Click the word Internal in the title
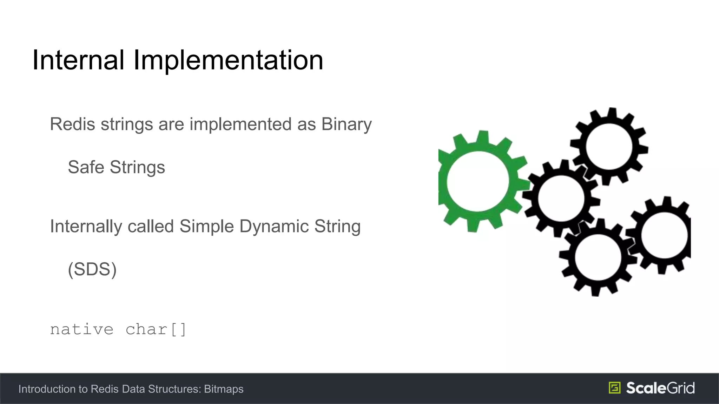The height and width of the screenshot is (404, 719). pos(78,60)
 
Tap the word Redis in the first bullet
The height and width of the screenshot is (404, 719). pos(72,124)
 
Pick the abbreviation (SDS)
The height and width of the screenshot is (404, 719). pos(92,269)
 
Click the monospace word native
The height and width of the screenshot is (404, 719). pos(81,329)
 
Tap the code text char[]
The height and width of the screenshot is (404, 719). pos(156,329)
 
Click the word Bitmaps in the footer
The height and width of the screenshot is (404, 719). pos(224,389)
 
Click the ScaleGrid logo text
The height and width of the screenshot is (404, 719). pos(660,388)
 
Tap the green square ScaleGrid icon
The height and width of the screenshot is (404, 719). pos(614,388)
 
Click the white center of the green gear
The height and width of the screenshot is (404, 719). pos(477,181)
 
